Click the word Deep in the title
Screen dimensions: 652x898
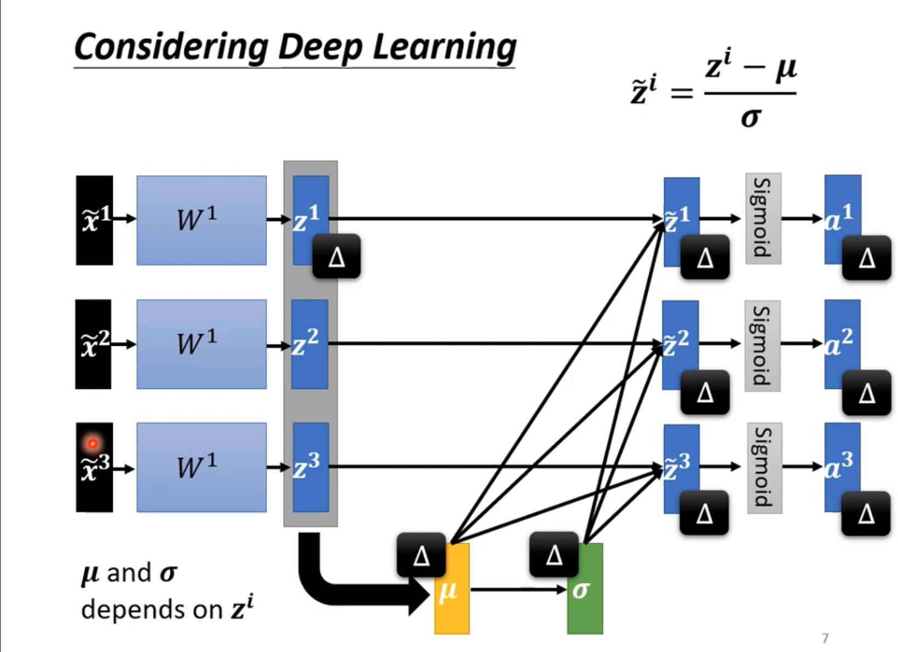[320, 47]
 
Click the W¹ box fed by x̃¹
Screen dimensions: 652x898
[202, 220]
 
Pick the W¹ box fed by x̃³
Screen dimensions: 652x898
[202, 467]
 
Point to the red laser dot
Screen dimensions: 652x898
[93, 443]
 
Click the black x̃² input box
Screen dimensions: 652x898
[94, 344]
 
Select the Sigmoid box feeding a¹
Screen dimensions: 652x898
[763, 218]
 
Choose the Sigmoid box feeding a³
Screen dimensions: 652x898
[764, 468]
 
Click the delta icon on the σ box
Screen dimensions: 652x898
[554, 554]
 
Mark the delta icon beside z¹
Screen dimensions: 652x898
[336, 256]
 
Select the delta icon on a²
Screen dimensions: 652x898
[866, 392]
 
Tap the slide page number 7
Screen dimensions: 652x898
[825, 638]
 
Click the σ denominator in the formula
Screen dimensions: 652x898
[751, 117]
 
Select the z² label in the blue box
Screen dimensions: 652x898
[305, 344]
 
